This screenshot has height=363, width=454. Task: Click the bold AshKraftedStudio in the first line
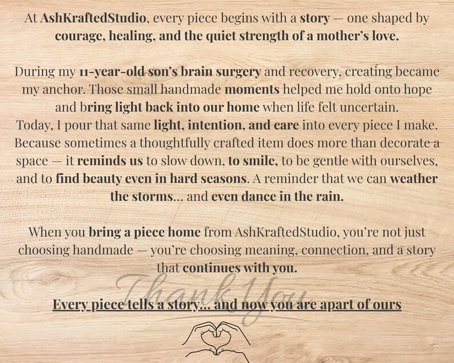click(93, 18)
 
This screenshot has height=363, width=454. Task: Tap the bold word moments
click(252, 90)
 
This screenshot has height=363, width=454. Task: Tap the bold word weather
click(414, 178)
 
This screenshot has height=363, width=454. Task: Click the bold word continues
click(212, 268)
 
